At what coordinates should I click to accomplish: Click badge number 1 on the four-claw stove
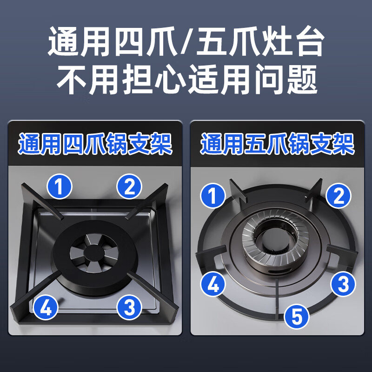point(60,187)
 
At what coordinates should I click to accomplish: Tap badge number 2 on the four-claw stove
point(129,187)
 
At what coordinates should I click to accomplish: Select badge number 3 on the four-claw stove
point(130,307)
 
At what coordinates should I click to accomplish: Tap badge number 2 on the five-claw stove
point(339,195)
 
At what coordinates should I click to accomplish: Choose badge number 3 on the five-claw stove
point(343,284)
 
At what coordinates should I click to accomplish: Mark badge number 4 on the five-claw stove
point(213,284)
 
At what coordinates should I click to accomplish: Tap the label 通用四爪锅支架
point(95,145)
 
